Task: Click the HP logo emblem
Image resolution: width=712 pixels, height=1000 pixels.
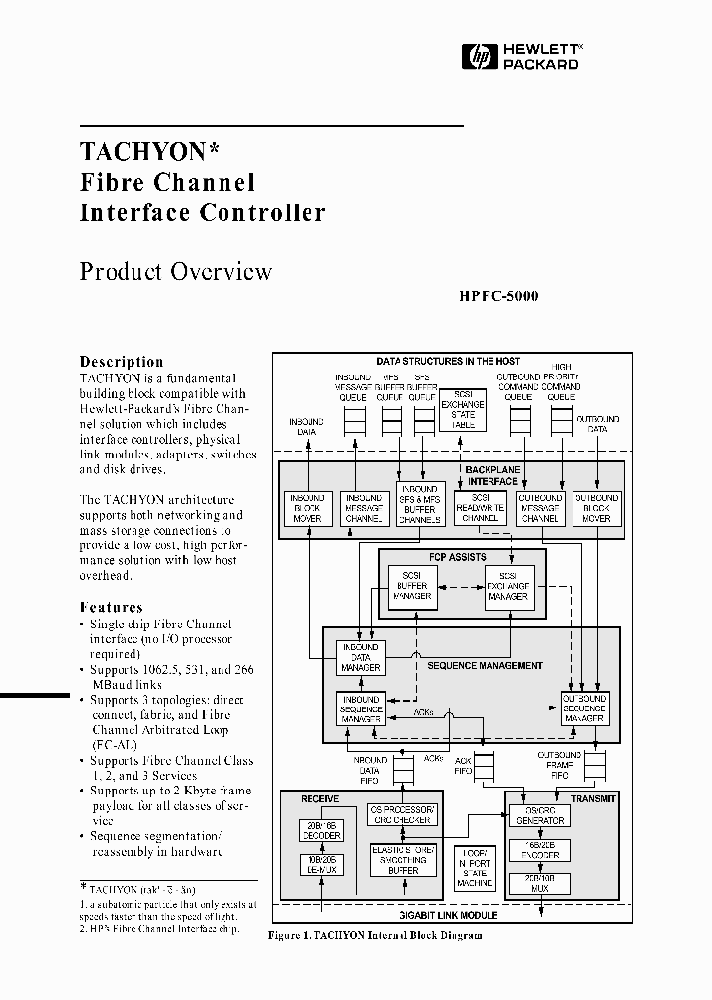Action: pos(482,58)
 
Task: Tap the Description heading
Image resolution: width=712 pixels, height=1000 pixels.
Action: pos(122,362)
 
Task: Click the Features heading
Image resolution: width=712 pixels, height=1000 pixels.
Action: pos(111,608)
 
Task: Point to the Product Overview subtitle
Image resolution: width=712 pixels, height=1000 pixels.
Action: pos(175,272)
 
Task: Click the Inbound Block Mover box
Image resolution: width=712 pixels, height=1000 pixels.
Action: pos(309,508)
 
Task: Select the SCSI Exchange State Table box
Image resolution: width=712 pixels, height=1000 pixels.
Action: pos(462,410)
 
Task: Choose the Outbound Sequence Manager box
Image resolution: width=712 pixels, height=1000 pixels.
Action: pos(583,708)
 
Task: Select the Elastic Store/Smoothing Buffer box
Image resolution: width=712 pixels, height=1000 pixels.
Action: pos(402,859)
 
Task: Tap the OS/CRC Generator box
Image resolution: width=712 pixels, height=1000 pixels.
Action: pos(538,815)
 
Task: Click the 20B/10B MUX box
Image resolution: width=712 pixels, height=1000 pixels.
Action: pos(538,881)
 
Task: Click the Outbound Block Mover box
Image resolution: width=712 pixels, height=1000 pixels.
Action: pos(596,508)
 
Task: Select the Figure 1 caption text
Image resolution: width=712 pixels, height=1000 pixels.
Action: pos(375,935)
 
